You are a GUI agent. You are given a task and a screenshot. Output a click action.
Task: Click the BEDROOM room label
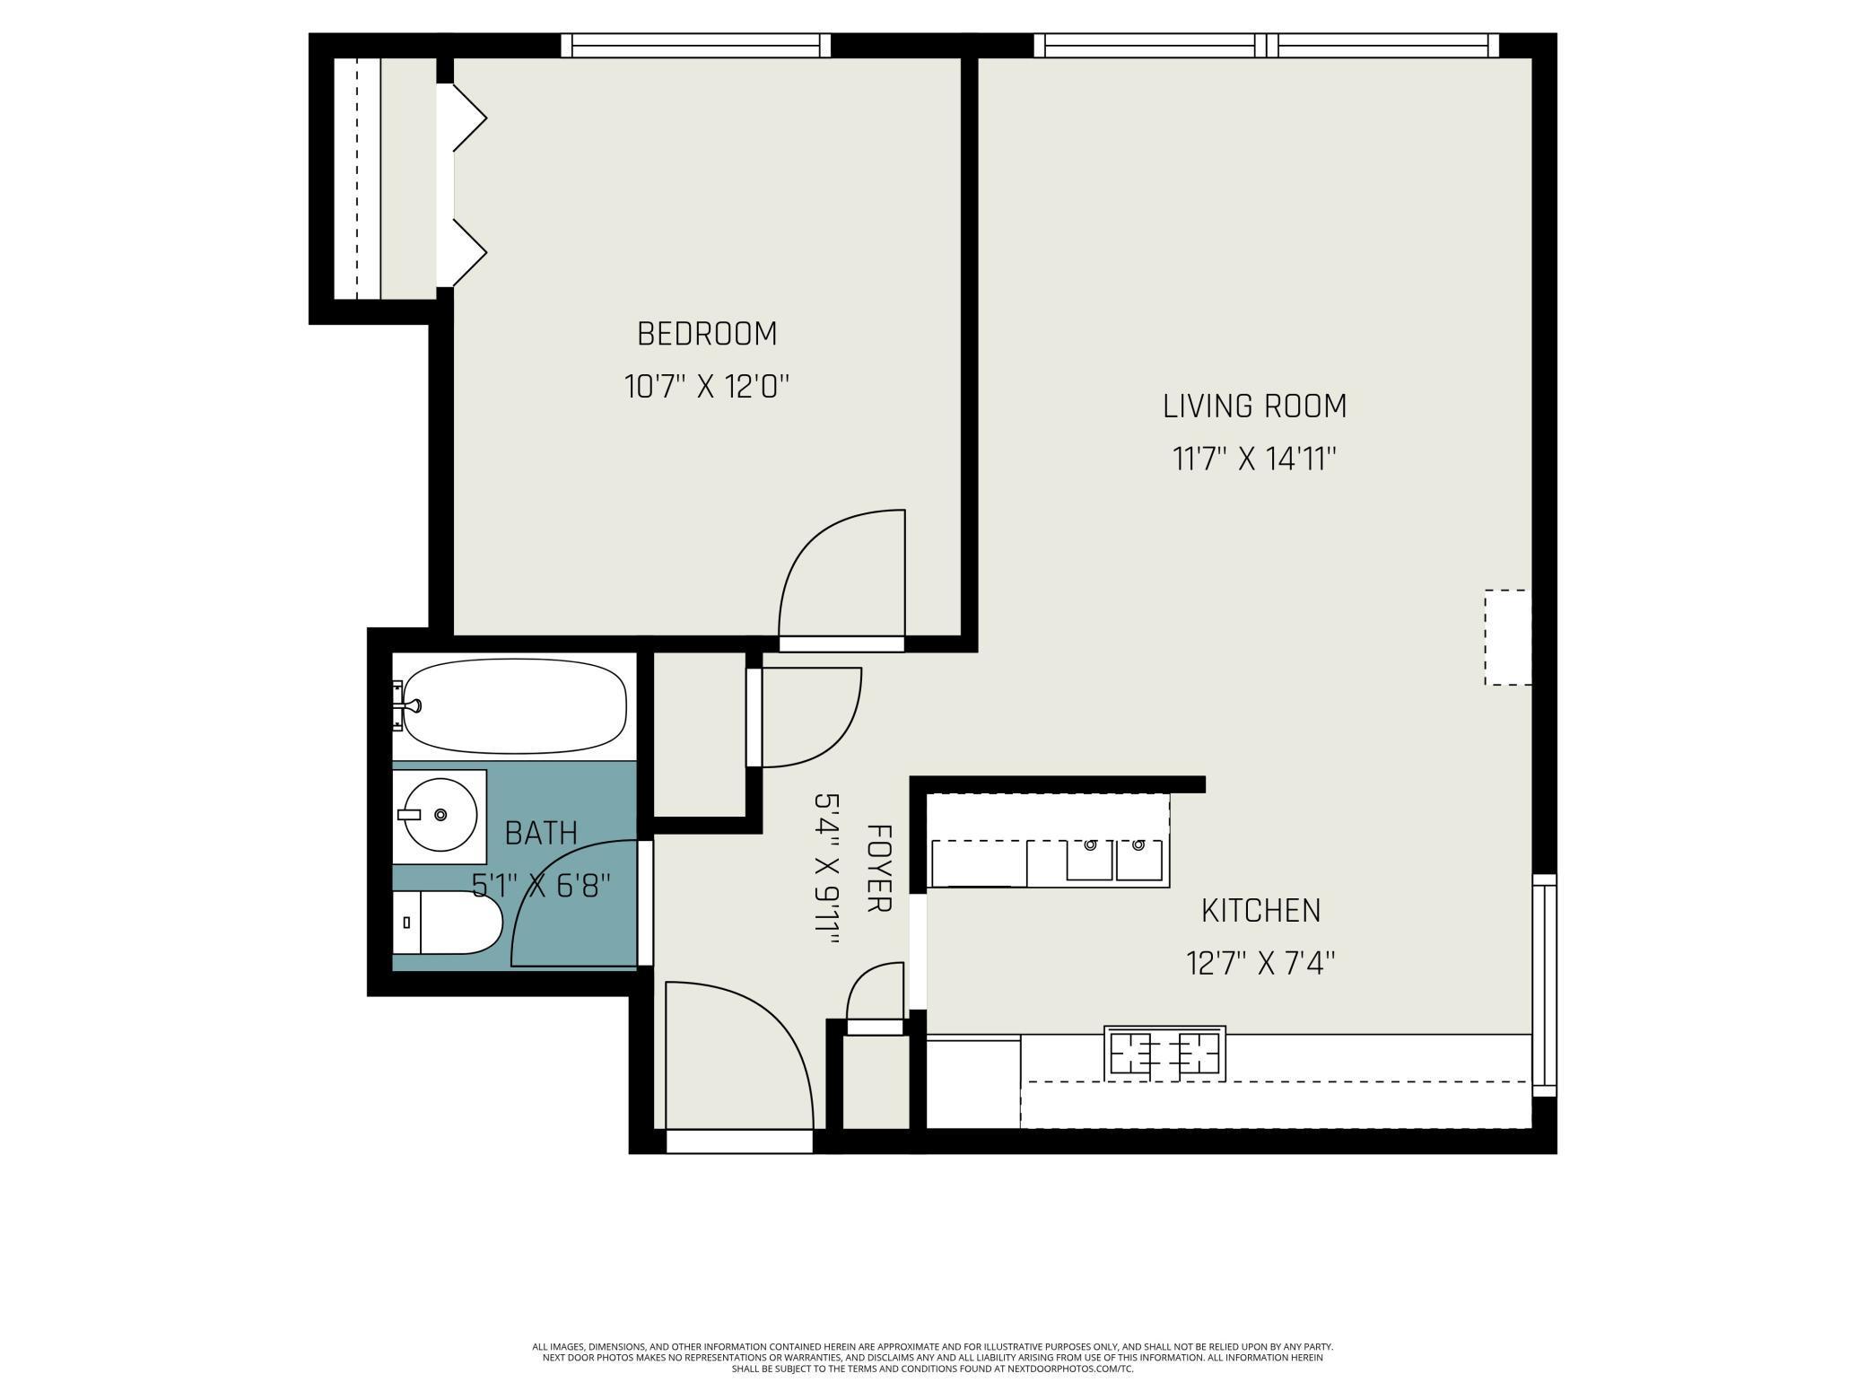pyautogui.click(x=707, y=334)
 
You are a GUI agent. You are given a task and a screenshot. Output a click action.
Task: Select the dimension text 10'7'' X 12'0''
pyautogui.click(x=707, y=388)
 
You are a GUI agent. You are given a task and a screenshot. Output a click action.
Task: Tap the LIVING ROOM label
pyautogui.click(x=1254, y=407)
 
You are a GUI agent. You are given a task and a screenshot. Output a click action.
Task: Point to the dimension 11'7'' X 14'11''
pyautogui.click(x=1254, y=460)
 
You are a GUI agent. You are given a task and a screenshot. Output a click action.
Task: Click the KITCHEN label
pyautogui.click(x=1260, y=911)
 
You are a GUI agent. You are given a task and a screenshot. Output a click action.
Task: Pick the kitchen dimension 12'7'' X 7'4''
pyautogui.click(x=1260, y=965)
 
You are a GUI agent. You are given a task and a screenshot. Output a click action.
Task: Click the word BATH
pyautogui.click(x=541, y=834)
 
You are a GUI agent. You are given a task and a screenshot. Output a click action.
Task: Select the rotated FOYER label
pyautogui.click(x=878, y=869)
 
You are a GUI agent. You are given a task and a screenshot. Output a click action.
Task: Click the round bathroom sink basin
pyautogui.click(x=440, y=815)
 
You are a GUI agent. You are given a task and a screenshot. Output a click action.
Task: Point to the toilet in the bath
pyautogui.click(x=449, y=923)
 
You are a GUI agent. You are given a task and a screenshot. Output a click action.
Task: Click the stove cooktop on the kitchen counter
pyautogui.click(x=1164, y=1053)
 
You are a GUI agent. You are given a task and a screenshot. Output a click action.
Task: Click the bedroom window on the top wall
pyautogui.click(x=695, y=45)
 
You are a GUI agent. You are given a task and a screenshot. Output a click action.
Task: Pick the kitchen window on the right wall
pyautogui.click(x=1544, y=984)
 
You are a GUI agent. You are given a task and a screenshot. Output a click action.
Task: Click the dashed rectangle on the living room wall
pyautogui.click(x=1507, y=637)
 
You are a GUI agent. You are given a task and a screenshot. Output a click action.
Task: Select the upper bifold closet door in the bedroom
pyautogui.click(x=466, y=118)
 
